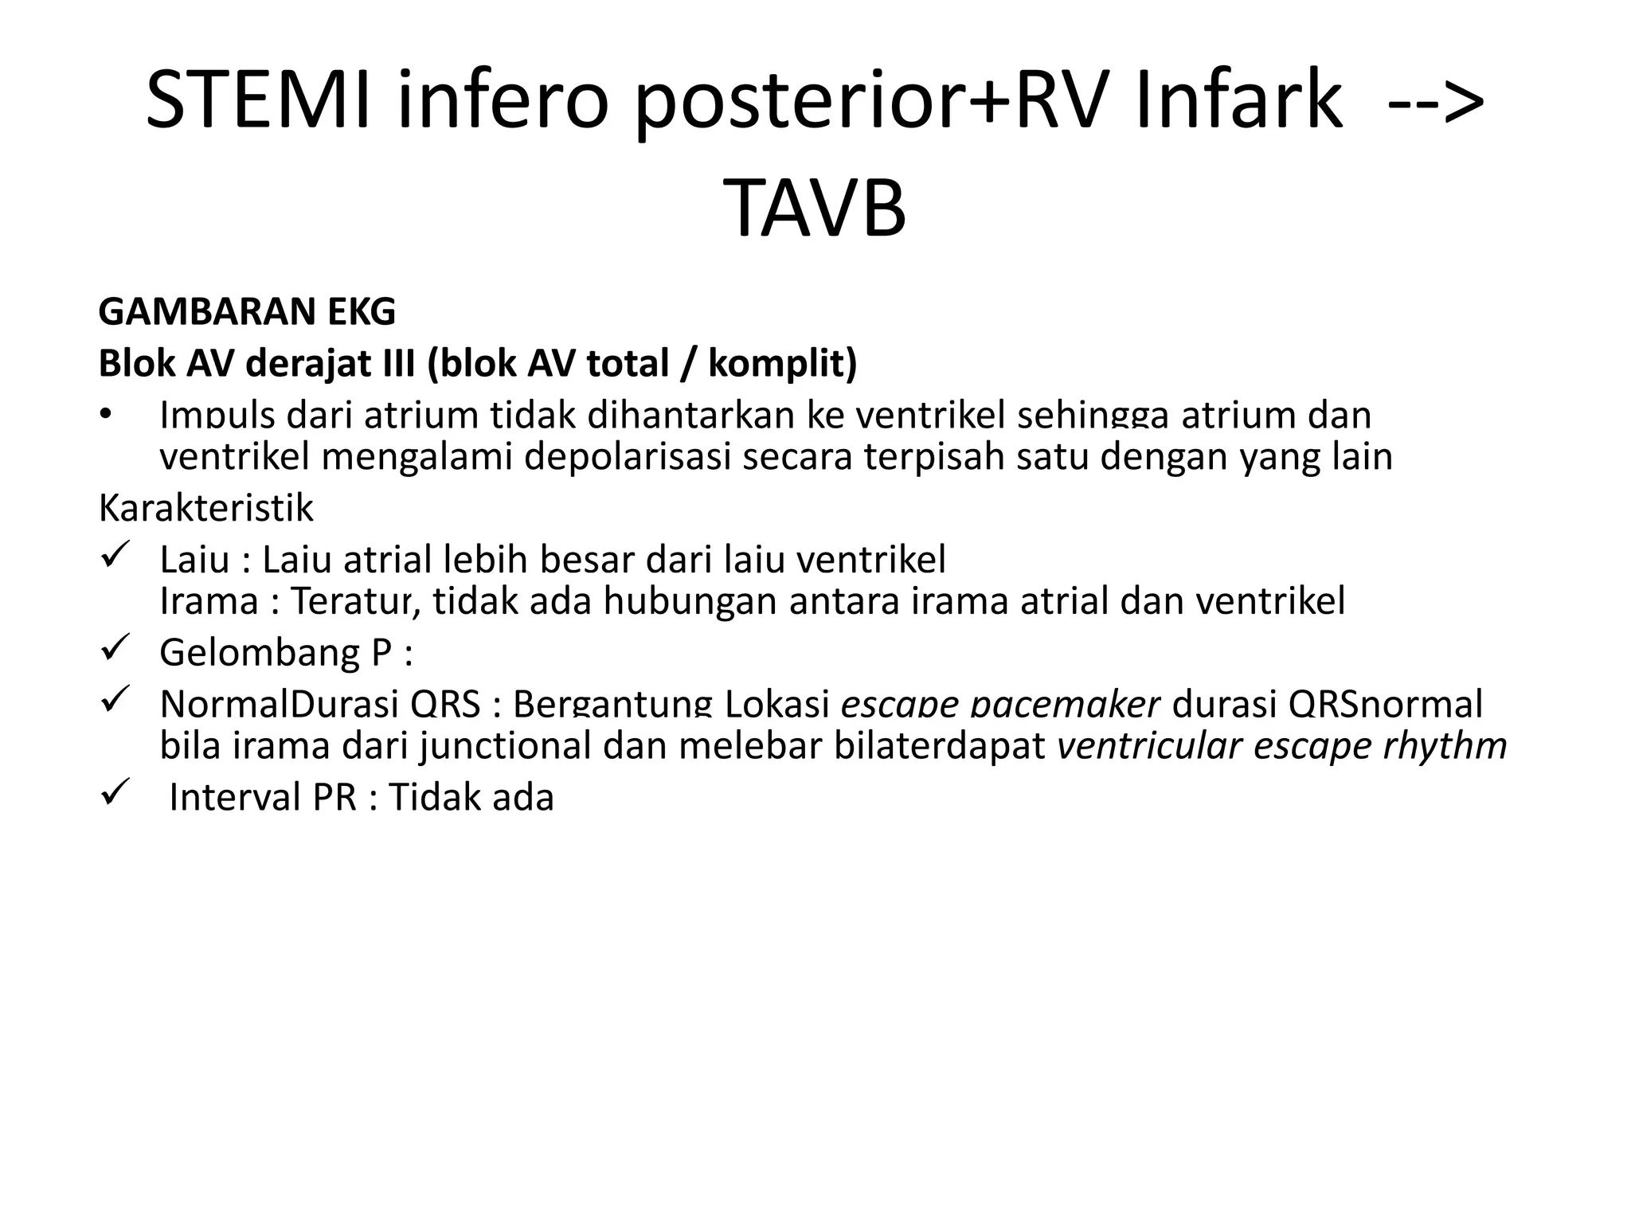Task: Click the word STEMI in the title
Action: pos(258,100)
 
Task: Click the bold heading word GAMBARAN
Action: pos(195,311)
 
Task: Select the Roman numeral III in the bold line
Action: pos(392,364)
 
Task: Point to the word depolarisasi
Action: pos(628,457)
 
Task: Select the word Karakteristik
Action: pos(205,508)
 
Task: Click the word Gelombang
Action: pos(260,653)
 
